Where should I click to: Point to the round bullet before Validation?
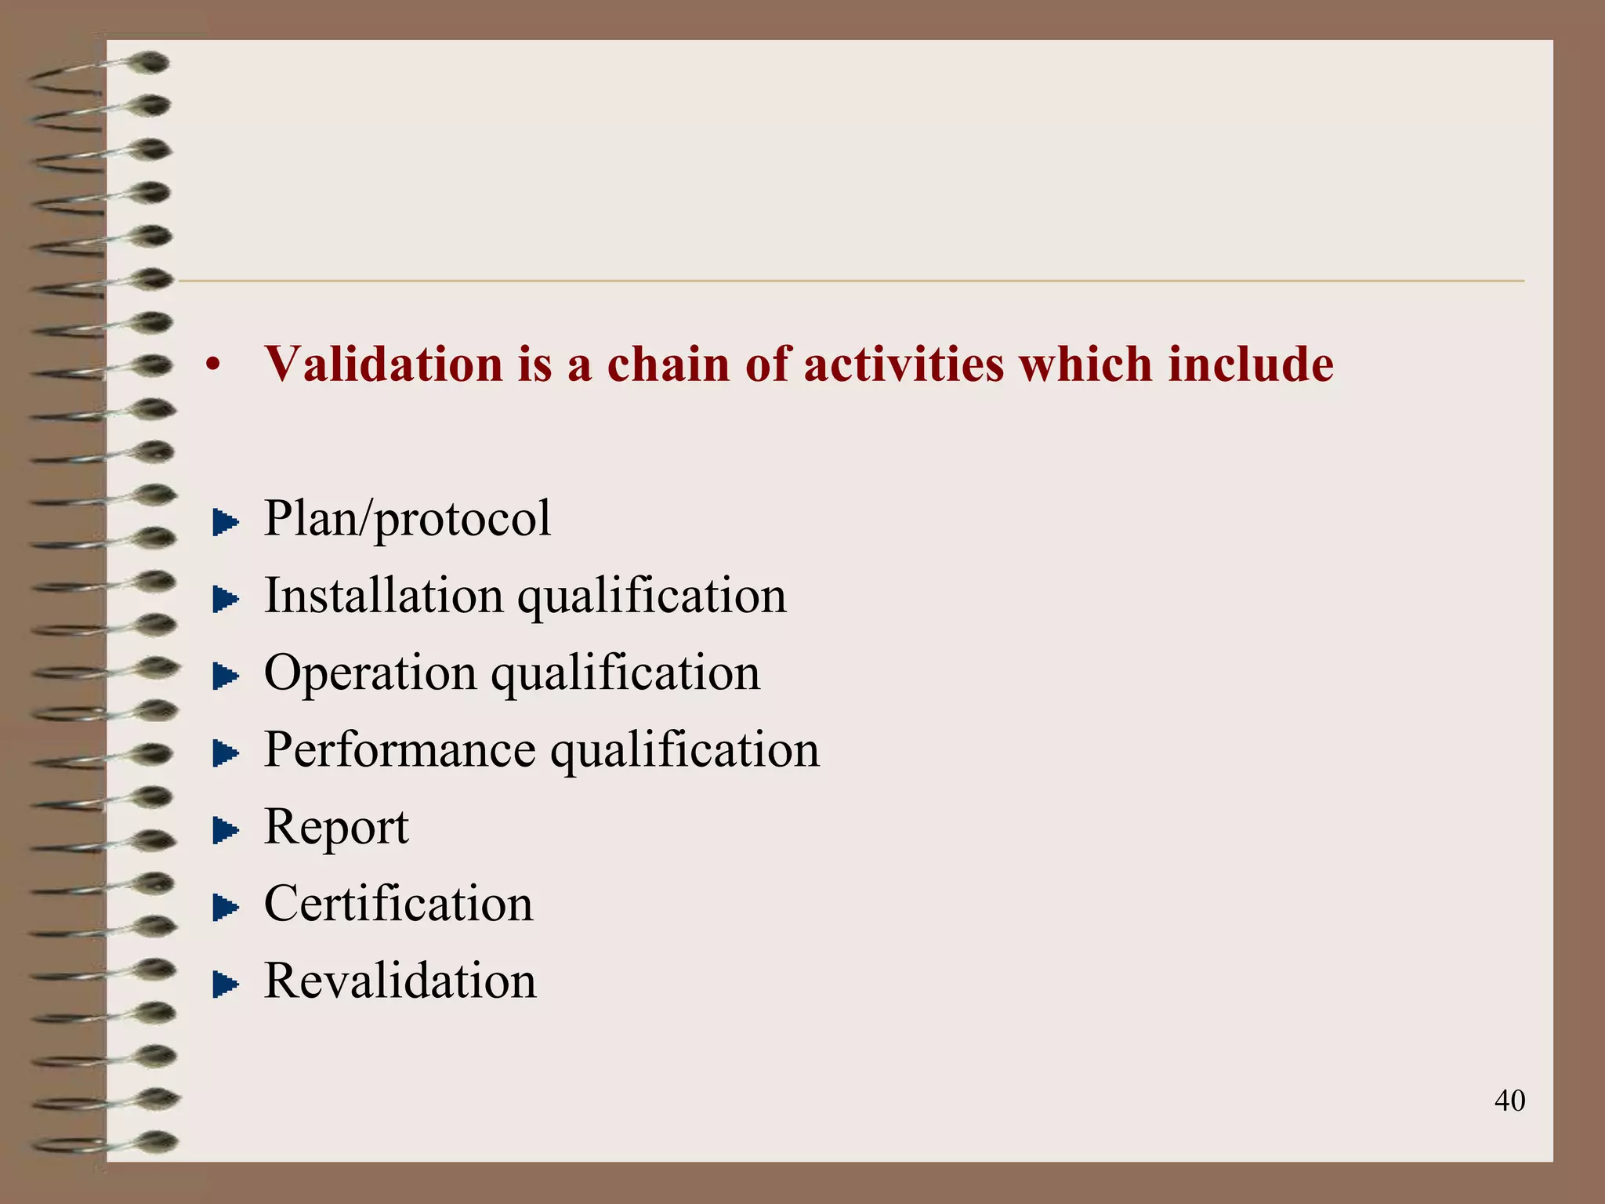pyautogui.click(x=212, y=365)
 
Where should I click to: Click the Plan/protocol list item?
pyautogui.click(x=408, y=519)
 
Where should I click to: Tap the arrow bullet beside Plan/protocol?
pyautogui.click(x=225, y=523)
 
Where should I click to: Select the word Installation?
pyautogui.click(x=383, y=595)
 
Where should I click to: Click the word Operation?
pyautogui.click(x=370, y=673)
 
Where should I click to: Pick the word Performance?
pyautogui.click(x=400, y=749)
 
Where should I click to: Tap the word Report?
pyautogui.click(x=336, y=827)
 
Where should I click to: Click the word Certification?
pyautogui.click(x=398, y=903)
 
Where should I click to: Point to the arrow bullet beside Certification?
pyautogui.click(x=225, y=908)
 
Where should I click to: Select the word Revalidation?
pyautogui.click(x=400, y=980)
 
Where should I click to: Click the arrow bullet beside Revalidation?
pyautogui.click(x=225, y=985)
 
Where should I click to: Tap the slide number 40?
pyautogui.click(x=1509, y=1101)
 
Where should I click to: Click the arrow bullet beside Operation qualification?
pyautogui.click(x=225, y=676)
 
